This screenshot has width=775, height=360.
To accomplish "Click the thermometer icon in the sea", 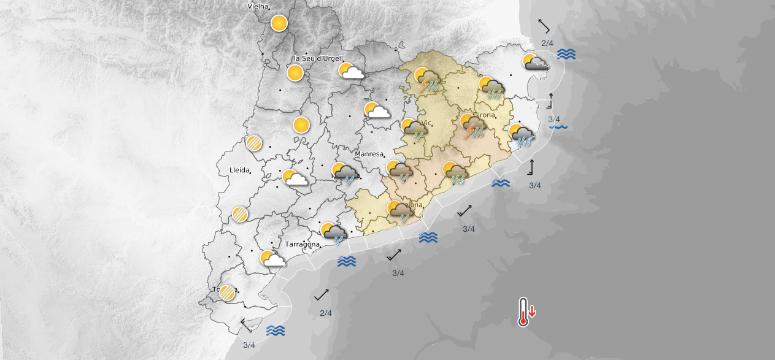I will (523, 312).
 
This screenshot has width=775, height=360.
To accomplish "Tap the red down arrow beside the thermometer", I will (532, 311).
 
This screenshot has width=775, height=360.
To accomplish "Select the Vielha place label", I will (259, 6).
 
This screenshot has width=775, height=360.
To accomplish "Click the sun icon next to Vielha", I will (279, 24).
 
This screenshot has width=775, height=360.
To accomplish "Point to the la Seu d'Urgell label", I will (318, 58).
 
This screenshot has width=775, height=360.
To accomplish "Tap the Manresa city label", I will (369, 154).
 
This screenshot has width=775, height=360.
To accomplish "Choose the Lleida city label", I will (239, 170).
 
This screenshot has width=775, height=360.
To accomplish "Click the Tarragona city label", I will (302, 244).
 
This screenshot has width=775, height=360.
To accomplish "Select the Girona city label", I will (484, 115).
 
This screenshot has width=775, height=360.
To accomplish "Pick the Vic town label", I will (426, 123).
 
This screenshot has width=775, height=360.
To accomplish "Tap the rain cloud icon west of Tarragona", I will (334, 233).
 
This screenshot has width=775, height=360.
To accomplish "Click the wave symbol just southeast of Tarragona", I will (347, 262).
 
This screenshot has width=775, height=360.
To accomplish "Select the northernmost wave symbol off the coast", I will (566, 54).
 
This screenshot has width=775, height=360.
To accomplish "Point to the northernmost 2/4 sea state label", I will (547, 43).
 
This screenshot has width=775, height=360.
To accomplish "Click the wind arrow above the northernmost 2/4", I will (544, 26).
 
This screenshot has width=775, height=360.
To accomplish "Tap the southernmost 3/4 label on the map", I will (249, 345).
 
